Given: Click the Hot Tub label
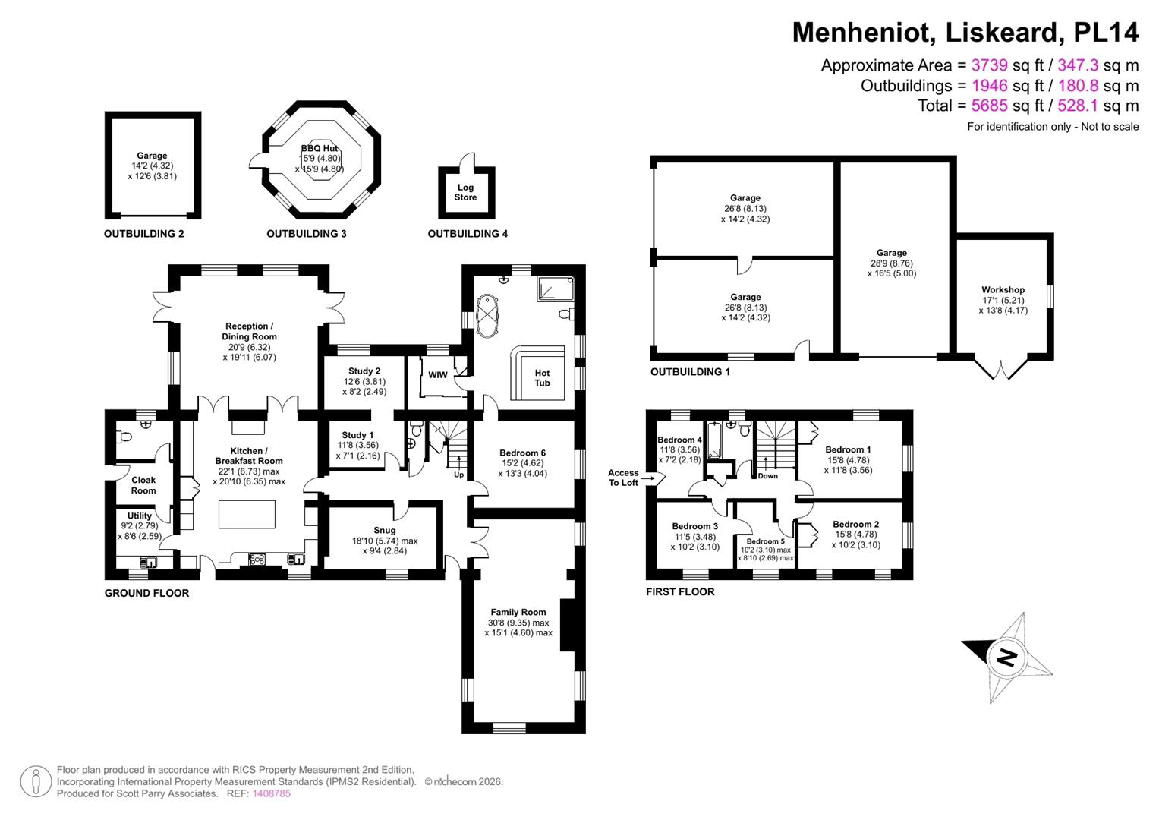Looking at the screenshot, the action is click(542, 378).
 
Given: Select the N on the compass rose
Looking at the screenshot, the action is click(1006, 658).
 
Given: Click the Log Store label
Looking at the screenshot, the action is click(465, 192).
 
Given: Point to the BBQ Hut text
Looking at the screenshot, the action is click(320, 148).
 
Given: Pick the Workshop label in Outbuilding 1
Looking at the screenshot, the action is click(1003, 290).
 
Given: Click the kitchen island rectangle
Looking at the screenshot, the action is click(247, 514).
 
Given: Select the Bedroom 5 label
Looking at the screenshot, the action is click(765, 541).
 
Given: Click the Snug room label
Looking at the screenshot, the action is click(385, 530).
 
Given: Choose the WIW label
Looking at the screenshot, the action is click(438, 375).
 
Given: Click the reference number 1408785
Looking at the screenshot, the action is click(272, 793).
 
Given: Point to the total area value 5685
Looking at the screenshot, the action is click(989, 106).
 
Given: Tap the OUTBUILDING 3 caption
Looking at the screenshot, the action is click(307, 234).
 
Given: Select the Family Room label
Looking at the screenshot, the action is click(518, 612).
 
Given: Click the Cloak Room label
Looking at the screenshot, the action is click(143, 485).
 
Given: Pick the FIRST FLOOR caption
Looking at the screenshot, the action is click(680, 591).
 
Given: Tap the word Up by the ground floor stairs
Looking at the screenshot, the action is click(458, 475).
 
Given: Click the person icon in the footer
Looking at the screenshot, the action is click(36, 781).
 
